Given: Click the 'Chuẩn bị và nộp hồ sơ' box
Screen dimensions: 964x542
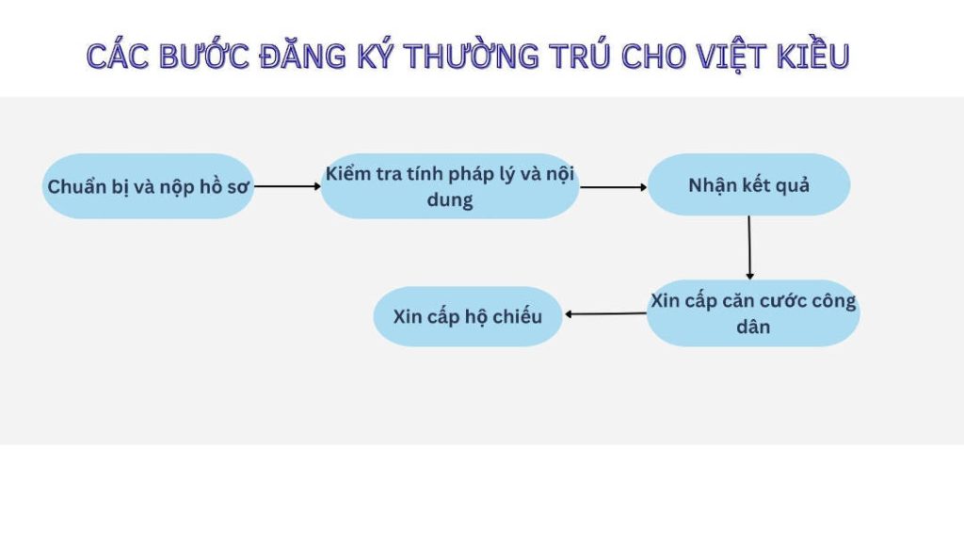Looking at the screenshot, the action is coord(148,186).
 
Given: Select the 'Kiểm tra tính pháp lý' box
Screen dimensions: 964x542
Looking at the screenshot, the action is coord(450,186).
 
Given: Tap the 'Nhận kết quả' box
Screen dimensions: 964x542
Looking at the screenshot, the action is coord(748,184).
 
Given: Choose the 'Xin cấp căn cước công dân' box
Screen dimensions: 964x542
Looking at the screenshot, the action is coord(753,313).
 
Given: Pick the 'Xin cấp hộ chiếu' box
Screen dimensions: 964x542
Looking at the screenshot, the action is coord(468,316).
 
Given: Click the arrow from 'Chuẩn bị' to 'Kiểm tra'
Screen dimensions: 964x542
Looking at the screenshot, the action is coord(288,186).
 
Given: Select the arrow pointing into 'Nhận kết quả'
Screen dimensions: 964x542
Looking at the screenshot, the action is coord(614,187).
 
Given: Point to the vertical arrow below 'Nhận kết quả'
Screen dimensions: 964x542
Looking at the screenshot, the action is coord(749,247).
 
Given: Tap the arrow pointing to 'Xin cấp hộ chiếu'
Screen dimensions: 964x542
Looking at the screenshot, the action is coord(605,314).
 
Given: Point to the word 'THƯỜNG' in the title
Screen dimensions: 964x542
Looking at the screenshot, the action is coord(472,55).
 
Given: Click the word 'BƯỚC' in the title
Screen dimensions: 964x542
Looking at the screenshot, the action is coord(204,55).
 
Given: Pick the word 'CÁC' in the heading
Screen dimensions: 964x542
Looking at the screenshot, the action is coord(118,55).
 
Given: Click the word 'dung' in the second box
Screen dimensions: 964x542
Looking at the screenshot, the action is coord(450,200).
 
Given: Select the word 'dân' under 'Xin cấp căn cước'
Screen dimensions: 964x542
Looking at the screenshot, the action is coord(753,327).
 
